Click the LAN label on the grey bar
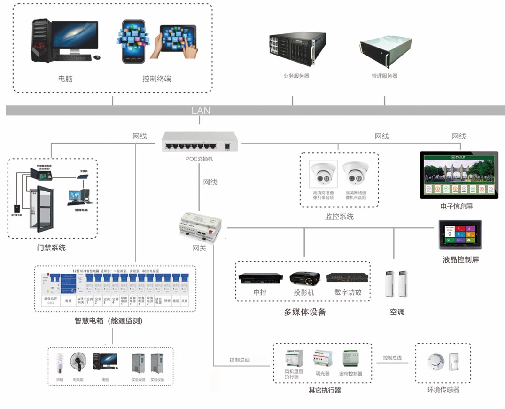(201, 111)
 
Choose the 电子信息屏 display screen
(458, 175)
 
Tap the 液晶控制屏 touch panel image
(460, 234)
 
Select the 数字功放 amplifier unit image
(348, 278)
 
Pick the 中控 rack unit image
(261, 279)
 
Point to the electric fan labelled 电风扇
(78, 362)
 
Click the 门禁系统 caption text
(51, 248)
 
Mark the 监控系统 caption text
(339, 217)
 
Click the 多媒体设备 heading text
(304, 312)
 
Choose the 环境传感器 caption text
(443, 389)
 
